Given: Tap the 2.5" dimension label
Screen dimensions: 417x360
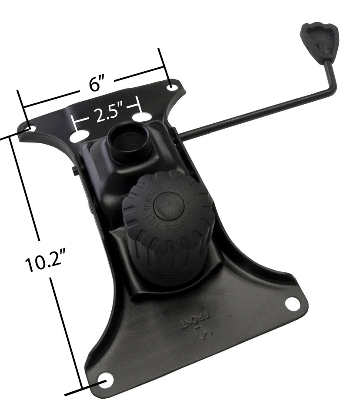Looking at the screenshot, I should [x=107, y=115].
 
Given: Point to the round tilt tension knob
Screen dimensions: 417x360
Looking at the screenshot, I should [x=168, y=226].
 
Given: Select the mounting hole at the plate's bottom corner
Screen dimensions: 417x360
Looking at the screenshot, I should [x=106, y=379].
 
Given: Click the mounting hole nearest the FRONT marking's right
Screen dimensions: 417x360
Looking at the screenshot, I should [x=293, y=304].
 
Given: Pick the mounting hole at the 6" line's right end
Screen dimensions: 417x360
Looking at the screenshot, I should [x=173, y=85].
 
